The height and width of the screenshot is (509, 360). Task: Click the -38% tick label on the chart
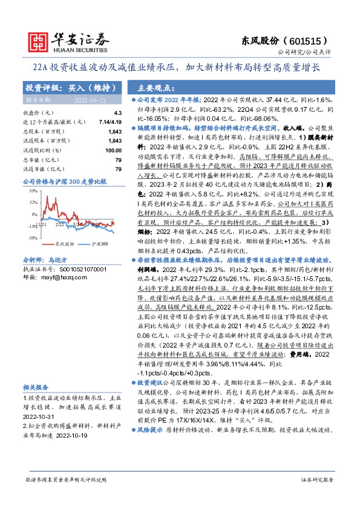click(x=28, y=238)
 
